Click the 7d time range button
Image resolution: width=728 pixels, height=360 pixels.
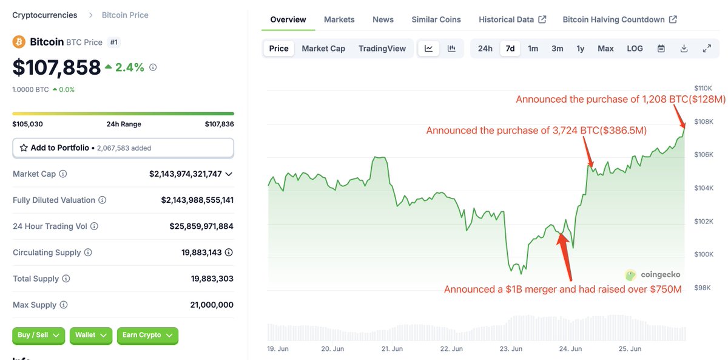[510, 49]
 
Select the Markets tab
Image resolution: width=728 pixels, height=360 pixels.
[339, 19]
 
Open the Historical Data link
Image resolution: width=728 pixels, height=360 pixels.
[512, 19]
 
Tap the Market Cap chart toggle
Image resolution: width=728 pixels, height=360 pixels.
[323, 49]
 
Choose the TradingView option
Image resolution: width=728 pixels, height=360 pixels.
[382, 49]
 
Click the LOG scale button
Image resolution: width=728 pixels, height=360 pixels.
[635, 49]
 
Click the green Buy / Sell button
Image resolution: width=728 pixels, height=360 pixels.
[38, 335]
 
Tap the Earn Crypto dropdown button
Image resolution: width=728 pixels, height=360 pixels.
[147, 335]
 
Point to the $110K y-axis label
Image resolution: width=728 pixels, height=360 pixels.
[704, 89]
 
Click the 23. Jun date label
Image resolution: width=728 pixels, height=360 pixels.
[511, 349]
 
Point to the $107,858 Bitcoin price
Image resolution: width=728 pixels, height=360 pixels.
[56, 67]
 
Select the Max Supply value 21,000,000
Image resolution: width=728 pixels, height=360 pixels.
[211, 305]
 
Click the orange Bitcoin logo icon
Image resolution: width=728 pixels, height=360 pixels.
[19, 42]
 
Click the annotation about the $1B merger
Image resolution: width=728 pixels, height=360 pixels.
[562, 290]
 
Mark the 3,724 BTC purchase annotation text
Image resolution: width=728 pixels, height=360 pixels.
[536, 131]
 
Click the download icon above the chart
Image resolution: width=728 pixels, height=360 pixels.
[684, 49]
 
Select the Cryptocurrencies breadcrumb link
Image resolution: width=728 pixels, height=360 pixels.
[45, 15]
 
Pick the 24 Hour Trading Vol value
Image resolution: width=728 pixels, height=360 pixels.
[201, 226]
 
